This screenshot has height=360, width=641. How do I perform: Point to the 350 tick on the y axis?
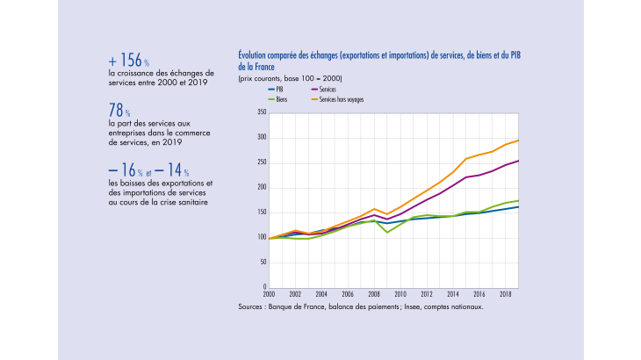(x=261, y=112)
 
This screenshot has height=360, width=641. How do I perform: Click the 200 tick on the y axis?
(x=261, y=187)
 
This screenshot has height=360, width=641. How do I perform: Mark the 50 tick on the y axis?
(x=263, y=262)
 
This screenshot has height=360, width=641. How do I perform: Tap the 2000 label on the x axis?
(x=269, y=294)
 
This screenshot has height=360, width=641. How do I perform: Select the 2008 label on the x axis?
(x=373, y=294)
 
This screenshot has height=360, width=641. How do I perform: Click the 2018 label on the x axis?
(x=504, y=294)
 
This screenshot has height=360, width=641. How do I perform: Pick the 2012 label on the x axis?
(x=426, y=294)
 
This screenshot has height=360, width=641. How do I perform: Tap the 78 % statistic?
(x=119, y=112)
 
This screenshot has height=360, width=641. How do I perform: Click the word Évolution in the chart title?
(x=254, y=54)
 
